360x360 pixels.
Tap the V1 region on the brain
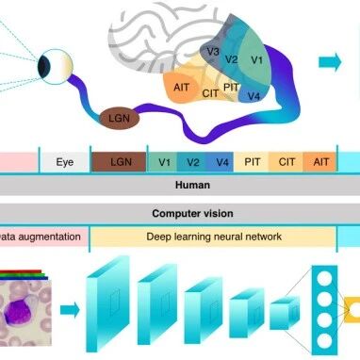pos(257,59)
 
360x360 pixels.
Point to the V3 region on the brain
pos(214,52)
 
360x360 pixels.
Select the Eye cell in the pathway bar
pos(64,162)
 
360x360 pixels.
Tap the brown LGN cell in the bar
pos(121,162)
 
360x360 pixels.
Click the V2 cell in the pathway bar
pos(191,162)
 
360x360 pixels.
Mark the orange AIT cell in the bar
pos(321,162)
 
